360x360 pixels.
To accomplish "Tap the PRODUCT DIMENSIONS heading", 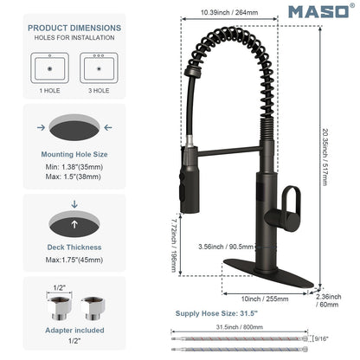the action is [74, 28].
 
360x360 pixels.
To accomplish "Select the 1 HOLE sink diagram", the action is [49, 68].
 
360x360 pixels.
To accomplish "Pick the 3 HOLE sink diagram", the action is [99, 68].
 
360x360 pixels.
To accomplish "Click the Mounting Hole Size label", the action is [74, 154].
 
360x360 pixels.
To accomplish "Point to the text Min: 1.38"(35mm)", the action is [74, 167].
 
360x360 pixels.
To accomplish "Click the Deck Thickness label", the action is [74, 247].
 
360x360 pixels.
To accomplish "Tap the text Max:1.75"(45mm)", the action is [74, 260].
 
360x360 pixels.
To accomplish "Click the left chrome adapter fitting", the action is [60, 308].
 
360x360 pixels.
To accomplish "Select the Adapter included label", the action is [74, 331].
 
